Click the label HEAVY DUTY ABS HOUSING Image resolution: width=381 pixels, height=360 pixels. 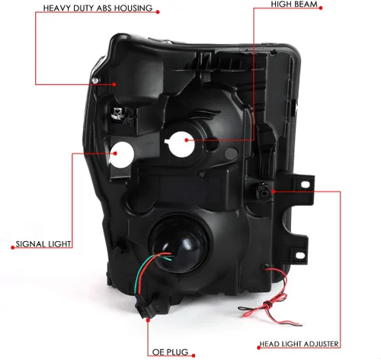(98, 8)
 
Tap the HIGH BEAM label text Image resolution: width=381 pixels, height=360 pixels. (294, 5)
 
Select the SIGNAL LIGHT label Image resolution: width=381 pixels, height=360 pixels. (43, 244)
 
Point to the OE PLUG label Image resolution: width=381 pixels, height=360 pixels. (170, 352)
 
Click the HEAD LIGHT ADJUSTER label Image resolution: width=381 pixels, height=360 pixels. (299, 344)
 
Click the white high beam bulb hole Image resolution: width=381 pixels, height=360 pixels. (181, 144)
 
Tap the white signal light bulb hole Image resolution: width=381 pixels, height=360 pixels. (121, 155)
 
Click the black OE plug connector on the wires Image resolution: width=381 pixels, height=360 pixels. (143, 309)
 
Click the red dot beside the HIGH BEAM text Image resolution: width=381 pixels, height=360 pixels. (321, 8)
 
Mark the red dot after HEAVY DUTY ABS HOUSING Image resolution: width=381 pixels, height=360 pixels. (158, 11)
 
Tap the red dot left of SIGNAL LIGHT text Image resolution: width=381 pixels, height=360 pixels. (13, 247)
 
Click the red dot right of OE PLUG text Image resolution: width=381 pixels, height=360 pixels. (194, 355)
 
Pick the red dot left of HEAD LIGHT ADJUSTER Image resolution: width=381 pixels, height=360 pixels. (259, 348)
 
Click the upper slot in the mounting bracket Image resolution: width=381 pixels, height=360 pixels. (306, 185)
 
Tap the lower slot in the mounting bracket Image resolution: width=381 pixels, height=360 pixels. (300, 255)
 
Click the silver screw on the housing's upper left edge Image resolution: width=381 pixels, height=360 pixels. (95, 81)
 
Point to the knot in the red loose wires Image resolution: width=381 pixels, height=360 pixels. (268, 304)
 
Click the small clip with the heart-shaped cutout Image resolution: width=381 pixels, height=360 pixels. (117, 113)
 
